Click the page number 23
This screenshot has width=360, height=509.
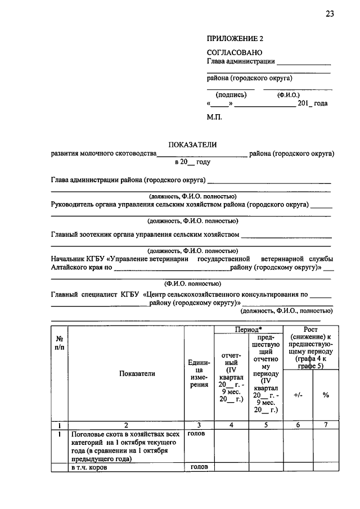[x=329, y=14]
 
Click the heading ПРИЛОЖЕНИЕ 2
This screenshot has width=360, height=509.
[x=235, y=39]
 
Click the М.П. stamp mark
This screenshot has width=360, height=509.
[x=214, y=117]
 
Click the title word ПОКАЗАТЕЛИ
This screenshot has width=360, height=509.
[x=192, y=145]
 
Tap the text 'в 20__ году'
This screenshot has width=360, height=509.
[x=192, y=161]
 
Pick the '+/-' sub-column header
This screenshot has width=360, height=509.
[x=298, y=395]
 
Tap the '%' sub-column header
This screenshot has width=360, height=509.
[x=326, y=395]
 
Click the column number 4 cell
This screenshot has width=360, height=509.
[x=231, y=425]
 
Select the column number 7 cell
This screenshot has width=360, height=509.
[x=326, y=425]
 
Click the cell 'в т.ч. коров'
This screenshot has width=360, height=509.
[x=89, y=467]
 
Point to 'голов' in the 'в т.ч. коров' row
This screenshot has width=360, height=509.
[x=199, y=466]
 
